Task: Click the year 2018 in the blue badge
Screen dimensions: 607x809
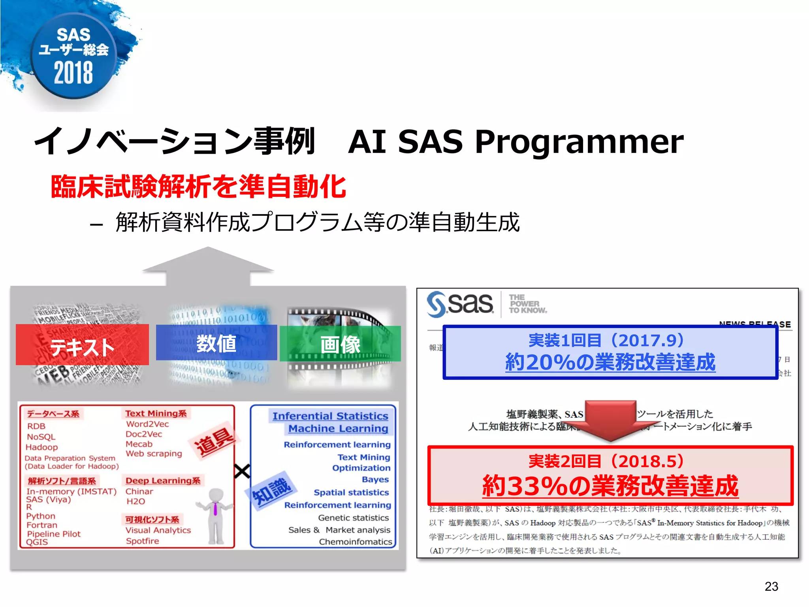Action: pos(73,73)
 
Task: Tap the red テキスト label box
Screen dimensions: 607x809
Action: pos(82,345)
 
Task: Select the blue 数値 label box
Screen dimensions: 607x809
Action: pos(216,343)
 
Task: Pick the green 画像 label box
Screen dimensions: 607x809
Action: pos(340,344)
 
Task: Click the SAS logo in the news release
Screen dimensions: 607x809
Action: pos(461,304)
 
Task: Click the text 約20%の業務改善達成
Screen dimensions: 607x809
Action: pos(610,362)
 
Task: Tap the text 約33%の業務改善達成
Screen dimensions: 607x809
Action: pos(610,486)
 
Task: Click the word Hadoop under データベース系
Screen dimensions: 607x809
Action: pos(41,447)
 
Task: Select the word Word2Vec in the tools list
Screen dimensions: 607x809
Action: pos(147,424)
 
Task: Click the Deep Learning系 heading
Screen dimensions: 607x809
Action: pos(163,481)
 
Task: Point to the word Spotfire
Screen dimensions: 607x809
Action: pos(142,541)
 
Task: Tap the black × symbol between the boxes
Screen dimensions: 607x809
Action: pos(242,471)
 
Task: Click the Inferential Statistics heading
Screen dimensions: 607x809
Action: pos(330,416)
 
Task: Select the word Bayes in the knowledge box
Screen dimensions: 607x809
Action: pos(375,480)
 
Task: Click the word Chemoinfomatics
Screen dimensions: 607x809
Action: pos(355,542)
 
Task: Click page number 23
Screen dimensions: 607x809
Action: pos(771,586)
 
